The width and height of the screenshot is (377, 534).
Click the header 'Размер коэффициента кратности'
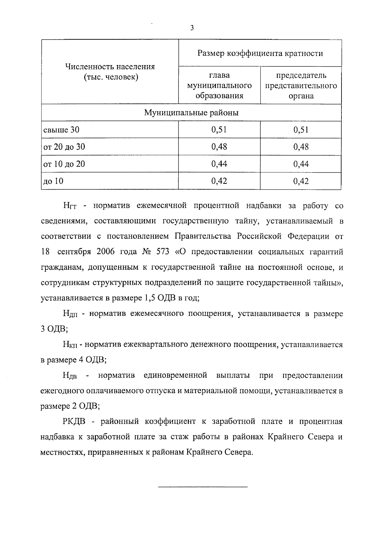click(x=260, y=53)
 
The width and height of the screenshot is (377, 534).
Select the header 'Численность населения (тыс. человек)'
click(x=110, y=72)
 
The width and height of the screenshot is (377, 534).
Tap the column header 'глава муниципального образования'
click(x=219, y=86)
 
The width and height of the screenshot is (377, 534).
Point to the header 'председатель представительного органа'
click(x=301, y=86)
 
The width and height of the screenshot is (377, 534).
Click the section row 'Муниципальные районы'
click(x=191, y=113)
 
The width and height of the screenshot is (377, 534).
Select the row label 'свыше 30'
click(x=61, y=130)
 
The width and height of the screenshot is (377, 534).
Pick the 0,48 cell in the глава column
click(x=219, y=147)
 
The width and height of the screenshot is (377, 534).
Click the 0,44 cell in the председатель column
click(x=301, y=164)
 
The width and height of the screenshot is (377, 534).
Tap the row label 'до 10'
click(x=53, y=181)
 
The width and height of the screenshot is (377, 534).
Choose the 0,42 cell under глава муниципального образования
click(x=219, y=181)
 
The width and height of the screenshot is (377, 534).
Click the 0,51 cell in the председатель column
click(x=301, y=130)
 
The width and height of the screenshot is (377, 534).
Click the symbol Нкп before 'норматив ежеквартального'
click(x=71, y=345)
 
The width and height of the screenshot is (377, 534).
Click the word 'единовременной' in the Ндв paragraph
click(x=175, y=375)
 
